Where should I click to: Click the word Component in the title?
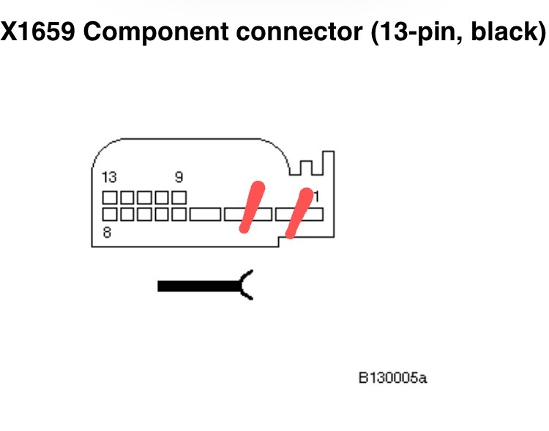(x=156, y=32)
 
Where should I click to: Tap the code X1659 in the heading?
(x=37, y=31)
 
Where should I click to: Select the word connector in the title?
(x=299, y=31)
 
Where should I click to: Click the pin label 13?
(x=109, y=178)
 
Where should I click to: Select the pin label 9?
(x=179, y=177)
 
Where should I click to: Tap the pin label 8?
(x=107, y=233)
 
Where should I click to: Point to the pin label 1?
(x=315, y=197)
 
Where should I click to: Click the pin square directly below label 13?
(x=110, y=198)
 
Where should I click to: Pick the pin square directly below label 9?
(x=179, y=198)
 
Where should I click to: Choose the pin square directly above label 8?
(x=110, y=214)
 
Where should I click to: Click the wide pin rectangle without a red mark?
(x=205, y=214)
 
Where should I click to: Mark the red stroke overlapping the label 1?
(x=299, y=213)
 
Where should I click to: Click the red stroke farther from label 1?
(x=252, y=207)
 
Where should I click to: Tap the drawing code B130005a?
(x=393, y=378)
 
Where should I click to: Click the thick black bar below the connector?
(x=199, y=286)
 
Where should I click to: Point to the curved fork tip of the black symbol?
(x=247, y=285)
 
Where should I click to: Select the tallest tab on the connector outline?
(x=329, y=162)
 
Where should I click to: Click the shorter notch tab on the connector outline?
(x=306, y=168)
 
